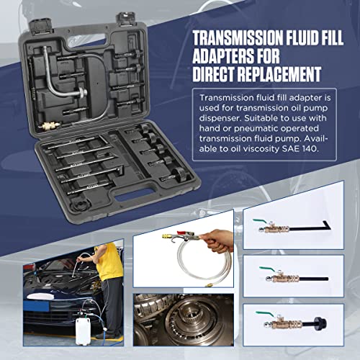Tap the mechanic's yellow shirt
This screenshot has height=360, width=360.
(109, 261)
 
